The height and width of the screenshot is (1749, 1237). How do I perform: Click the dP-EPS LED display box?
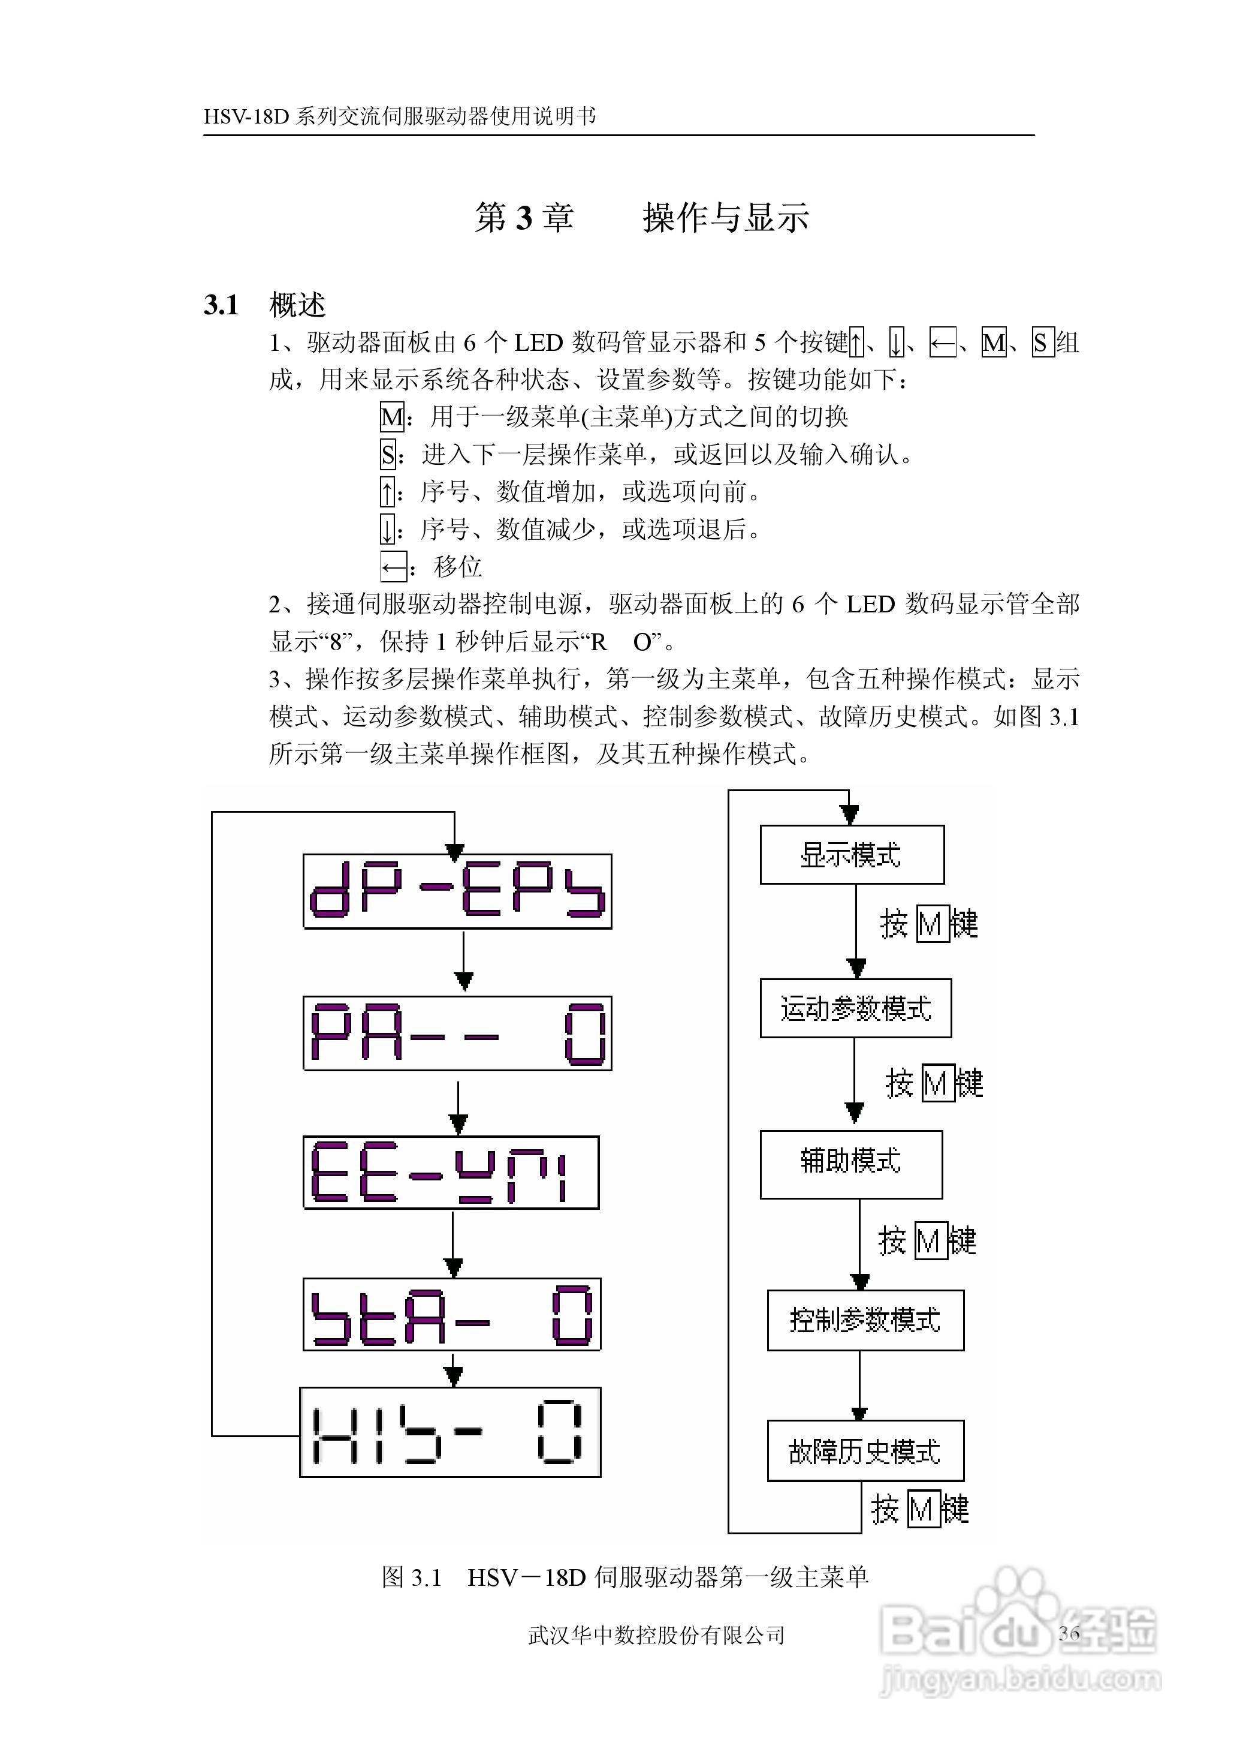coord(457,891)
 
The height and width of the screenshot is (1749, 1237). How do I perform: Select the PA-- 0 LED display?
coord(457,1033)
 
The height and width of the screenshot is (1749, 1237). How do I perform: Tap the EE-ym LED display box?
coord(451,1173)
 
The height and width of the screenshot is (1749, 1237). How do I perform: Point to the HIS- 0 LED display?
coord(450,1434)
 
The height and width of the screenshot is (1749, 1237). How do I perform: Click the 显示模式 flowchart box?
coord(852,854)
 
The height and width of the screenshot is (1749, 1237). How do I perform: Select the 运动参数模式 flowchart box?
coord(855,1008)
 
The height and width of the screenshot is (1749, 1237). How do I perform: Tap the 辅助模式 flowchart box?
coord(851,1164)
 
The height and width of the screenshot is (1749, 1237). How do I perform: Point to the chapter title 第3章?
coord(524,218)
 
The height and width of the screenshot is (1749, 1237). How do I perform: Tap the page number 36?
coord(1069,1633)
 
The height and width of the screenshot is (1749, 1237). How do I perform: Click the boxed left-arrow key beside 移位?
coord(393,567)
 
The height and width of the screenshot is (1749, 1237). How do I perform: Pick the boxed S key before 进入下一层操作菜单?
coord(388,455)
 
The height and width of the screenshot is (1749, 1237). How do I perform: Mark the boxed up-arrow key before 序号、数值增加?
coord(388,492)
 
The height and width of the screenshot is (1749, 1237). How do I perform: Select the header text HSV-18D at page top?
coord(247,116)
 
